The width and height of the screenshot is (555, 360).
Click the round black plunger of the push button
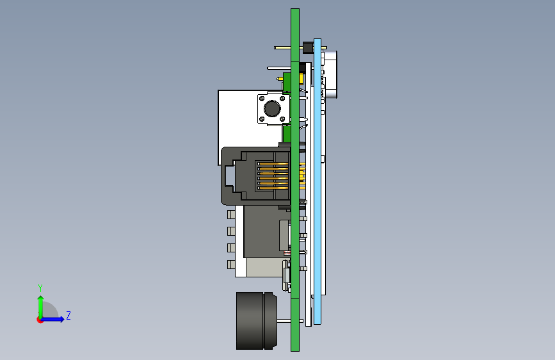coord(272,109)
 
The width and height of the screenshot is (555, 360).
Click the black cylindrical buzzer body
coord(257,321)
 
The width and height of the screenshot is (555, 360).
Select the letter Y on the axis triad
coord(40,288)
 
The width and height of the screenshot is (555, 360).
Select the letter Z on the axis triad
coord(68,315)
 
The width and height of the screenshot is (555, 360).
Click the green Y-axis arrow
coord(41,307)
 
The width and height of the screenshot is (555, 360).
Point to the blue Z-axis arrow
coord(52,319)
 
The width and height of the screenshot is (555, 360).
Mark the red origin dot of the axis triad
coord(40,320)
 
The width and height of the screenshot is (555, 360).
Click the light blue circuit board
coord(318,181)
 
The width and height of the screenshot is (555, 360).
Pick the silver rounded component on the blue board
coord(330,74)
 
